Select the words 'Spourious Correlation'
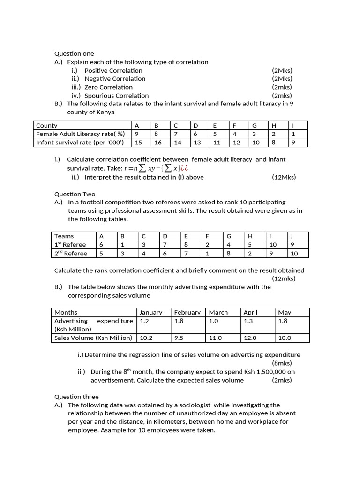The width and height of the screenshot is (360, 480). click(x=116, y=96)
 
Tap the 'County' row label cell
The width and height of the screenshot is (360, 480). click(x=47, y=126)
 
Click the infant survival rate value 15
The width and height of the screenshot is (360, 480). click(x=138, y=142)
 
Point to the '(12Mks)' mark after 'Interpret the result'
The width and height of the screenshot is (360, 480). click(x=284, y=177)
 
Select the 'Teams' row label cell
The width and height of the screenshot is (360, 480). click(x=64, y=236)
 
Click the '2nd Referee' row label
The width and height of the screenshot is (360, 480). click(x=71, y=254)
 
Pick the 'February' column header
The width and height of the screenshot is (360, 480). click(x=187, y=312)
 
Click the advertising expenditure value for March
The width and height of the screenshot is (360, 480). click(x=214, y=321)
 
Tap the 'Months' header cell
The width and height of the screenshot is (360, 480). click(x=66, y=312)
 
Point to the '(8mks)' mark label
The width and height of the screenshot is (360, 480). click(x=282, y=363)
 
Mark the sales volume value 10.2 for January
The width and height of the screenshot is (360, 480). click(x=146, y=337)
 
